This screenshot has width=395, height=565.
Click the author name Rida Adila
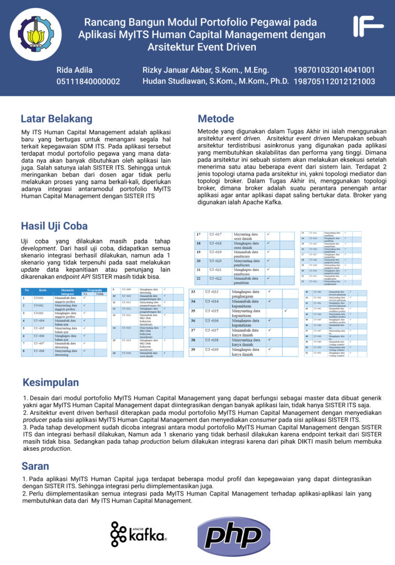[75, 70]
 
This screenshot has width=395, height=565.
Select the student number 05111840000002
[88, 82]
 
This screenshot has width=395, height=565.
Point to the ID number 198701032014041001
[334, 70]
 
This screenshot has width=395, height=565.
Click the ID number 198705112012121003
[334, 82]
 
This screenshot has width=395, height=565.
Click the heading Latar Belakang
[56, 119]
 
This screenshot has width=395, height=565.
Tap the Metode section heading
[216, 119]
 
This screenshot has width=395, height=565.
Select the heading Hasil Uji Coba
[54, 226]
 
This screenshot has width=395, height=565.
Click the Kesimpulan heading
[51, 382]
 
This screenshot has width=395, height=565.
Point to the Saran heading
[35, 466]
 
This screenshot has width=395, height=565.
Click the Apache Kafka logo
[138, 534]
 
